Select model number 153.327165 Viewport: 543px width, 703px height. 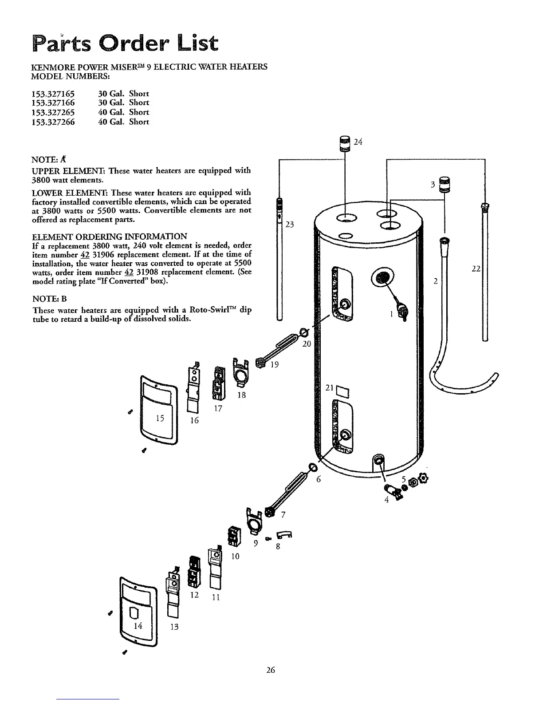pos(53,94)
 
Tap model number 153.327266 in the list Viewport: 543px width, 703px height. pos(53,122)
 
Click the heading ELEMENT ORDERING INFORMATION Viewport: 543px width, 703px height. pos(110,236)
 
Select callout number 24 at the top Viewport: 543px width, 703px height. pos(358,142)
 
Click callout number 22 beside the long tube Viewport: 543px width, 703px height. pos(476,269)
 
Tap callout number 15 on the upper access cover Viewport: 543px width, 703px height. pos(160,418)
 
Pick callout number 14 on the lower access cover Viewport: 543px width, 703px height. pos(138,625)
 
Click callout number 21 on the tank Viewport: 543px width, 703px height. pos(329,387)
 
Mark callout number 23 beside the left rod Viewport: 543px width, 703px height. pos(290,225)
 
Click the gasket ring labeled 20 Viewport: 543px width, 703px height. pos(304,332)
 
